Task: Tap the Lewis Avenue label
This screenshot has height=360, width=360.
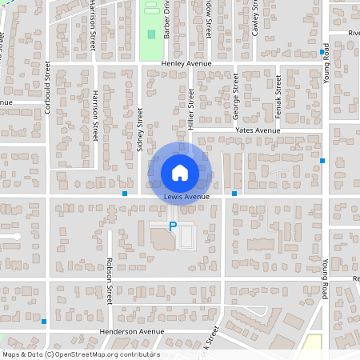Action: pos(186,197)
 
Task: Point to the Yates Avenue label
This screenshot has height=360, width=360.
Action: pos(257,130)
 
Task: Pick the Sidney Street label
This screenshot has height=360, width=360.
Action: pos(140,130)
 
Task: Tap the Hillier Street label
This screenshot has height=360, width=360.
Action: pos(191,108)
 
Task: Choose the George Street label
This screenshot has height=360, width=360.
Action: pos(237,95)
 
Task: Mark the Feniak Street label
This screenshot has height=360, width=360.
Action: pos(278,95)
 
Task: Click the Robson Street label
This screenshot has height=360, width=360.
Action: pos(109,279)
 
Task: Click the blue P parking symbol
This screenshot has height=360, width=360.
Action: pos(172,227)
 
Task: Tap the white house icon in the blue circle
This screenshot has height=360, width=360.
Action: pos(180,172)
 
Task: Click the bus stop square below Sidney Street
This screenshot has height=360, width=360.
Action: pos(125,194)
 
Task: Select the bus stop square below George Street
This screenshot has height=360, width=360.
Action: pos(234,194)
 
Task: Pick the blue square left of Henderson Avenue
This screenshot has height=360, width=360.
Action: pos(44,322)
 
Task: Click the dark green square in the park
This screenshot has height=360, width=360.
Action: pos(152,34)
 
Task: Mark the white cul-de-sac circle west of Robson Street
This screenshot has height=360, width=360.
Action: pos(16,237)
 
